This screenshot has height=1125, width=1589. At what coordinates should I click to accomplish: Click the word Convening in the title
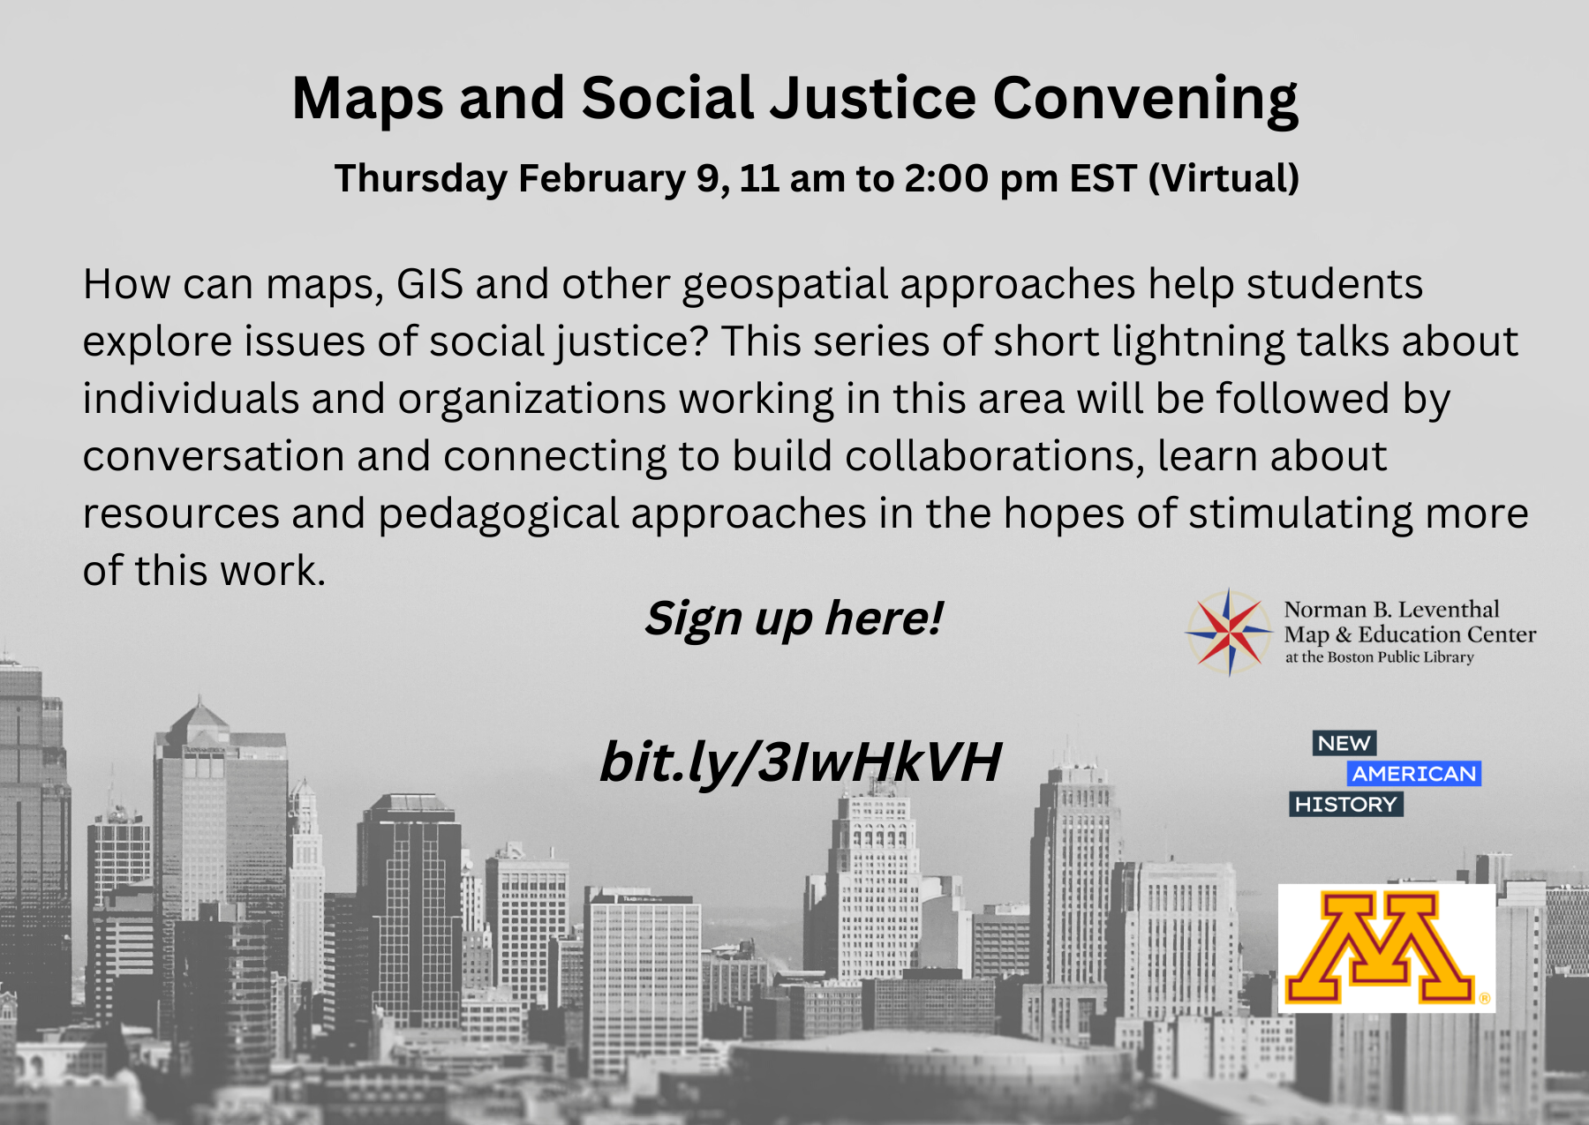click(x=1145, y=98)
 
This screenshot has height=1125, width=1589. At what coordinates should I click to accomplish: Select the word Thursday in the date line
click(x=420, y=178)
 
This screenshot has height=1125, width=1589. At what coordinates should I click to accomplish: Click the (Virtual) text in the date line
click(x=1224, y=178)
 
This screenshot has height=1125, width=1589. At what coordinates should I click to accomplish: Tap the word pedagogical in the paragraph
click(x=499, y=514)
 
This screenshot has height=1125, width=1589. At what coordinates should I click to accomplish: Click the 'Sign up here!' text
click(x=794, y=619)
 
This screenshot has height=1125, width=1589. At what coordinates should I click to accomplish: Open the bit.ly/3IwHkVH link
click(x=801, y=762)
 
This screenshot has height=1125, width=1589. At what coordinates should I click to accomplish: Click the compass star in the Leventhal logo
click(x=1229, y=632)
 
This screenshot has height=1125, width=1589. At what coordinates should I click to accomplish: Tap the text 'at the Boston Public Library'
click(x=1380, y=657)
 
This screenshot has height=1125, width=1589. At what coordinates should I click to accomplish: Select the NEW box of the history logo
click(x=1344, y=744)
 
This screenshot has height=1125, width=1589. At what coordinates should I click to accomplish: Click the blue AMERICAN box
click(x=1414, y=774)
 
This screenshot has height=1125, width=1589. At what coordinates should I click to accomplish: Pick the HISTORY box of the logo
click(x=1346, y=805)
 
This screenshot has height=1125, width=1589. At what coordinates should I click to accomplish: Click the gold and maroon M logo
click(x=1387, y=949)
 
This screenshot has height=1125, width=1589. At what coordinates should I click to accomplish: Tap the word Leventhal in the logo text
click(x=1449, y=610)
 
